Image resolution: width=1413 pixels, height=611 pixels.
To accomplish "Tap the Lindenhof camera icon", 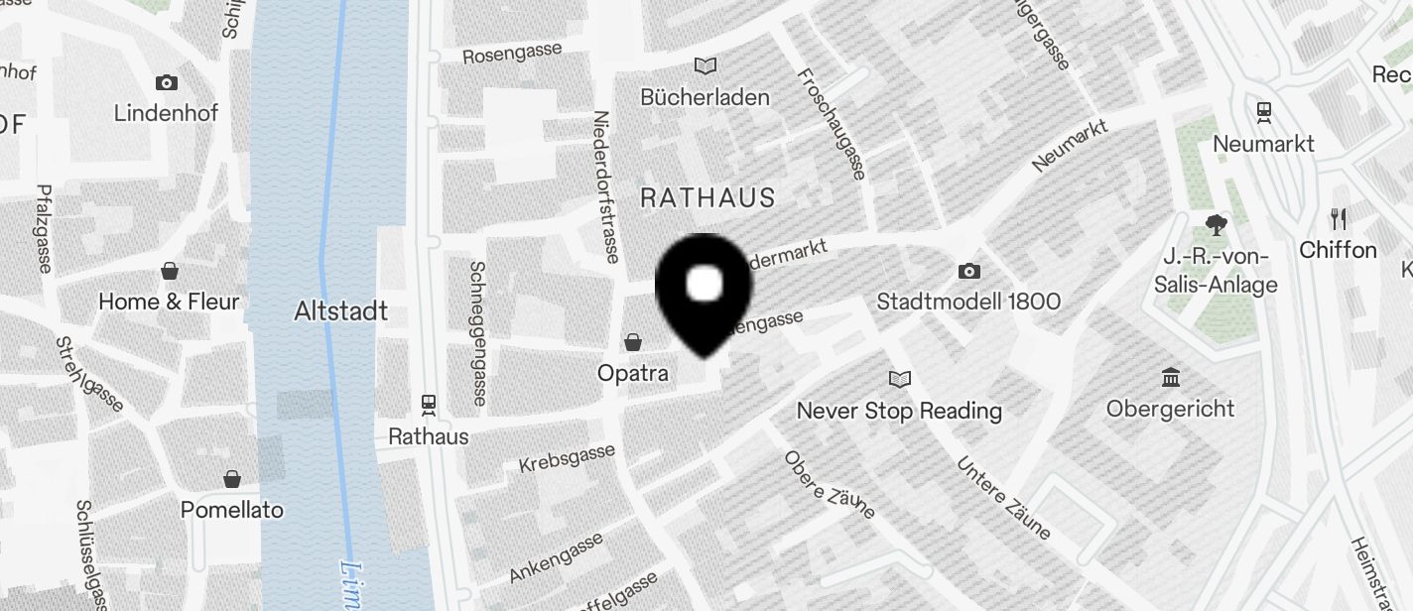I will click(x=166, y=82).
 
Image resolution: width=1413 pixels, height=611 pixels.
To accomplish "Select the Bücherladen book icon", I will click(x=706, y=66).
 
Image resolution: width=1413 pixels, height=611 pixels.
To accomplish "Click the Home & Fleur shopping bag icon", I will click(x=170, y=271).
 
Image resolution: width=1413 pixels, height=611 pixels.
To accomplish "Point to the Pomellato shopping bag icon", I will click(x=231, y=480).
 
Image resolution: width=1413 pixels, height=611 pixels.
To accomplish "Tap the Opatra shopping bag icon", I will click(x=633, y=343).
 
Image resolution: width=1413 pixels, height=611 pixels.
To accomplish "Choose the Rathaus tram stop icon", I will click(x=429, y=405).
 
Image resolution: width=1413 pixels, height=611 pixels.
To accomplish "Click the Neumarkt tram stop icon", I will click(x=1264, y=112).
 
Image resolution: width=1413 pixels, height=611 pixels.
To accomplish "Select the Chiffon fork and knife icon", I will click(x=1339, y=219).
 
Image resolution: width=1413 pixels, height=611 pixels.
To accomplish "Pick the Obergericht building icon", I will click(x=1171, y=378).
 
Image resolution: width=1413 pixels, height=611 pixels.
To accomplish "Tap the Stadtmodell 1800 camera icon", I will click(x=969, y=271).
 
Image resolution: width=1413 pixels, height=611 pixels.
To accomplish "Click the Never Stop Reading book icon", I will click(x=900, y=379).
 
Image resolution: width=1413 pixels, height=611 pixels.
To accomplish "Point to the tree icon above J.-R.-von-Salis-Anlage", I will click(x=1216, y=224).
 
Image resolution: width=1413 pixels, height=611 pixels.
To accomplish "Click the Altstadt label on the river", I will click(x=340, y=311).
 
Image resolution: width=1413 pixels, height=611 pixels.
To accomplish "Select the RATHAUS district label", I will click(x=707, y=197).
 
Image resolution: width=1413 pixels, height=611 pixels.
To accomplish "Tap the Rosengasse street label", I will click(x=512, y=53).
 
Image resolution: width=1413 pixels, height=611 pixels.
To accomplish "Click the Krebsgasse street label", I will click(x=567, y=458).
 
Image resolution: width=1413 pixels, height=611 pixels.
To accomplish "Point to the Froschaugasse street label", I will click(x=831, y=124).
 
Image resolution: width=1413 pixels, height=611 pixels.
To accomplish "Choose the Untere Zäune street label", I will click(x=1003, y=498).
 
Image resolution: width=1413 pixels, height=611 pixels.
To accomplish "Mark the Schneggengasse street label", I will click(x=478, y=333).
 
